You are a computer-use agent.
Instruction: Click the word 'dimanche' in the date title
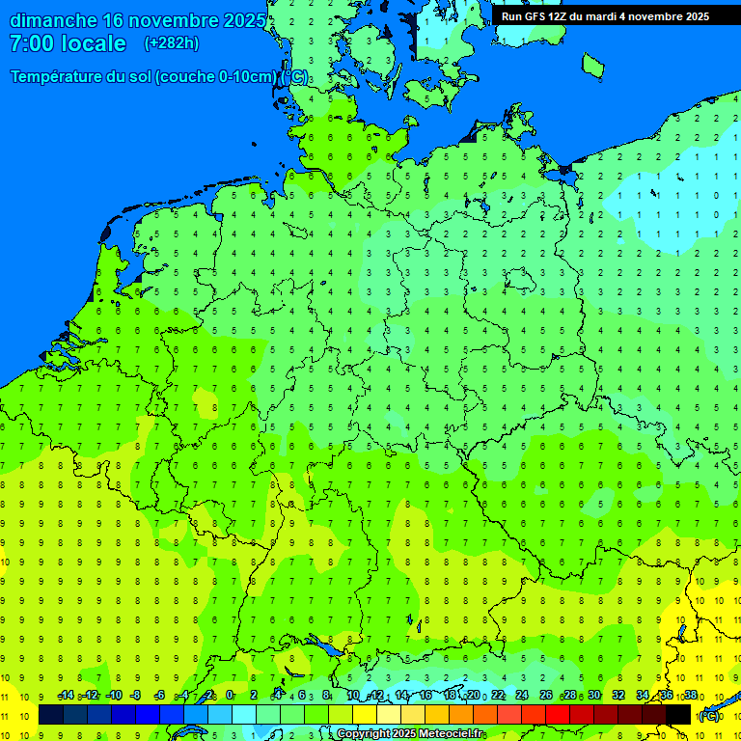[53, 20]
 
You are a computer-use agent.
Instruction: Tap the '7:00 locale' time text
[68, 43]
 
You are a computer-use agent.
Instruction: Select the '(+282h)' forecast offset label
[171, 43]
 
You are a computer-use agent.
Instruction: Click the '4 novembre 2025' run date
[665, 15]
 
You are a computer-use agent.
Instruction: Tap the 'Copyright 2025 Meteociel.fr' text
[410, 734]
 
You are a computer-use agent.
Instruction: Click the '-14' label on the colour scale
[66, 696]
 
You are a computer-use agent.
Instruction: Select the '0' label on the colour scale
[230, 696]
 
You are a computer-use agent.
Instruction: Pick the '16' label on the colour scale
[425, 696]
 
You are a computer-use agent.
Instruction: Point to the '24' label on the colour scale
[522, 696]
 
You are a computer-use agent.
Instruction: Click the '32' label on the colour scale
[618, 696]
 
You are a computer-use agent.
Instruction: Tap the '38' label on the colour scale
[691, 696]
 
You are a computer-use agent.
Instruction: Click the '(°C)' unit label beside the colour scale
[709, 715]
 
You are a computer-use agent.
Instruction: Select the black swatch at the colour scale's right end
[678, 714]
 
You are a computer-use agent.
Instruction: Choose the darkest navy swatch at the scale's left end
[51, 714]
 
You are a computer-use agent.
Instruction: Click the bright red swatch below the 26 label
[558, 714]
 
